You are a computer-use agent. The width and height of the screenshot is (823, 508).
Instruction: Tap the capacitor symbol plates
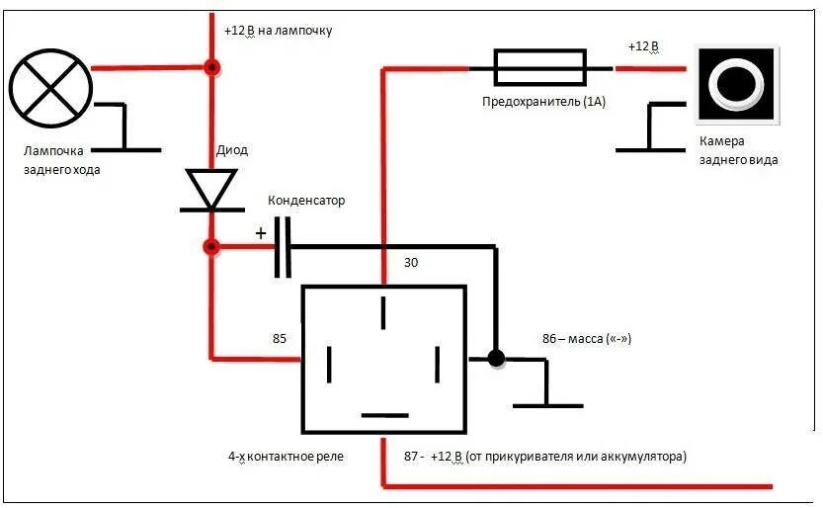pos(284,246)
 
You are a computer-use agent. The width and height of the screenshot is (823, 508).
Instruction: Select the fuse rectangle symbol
pos(539,69)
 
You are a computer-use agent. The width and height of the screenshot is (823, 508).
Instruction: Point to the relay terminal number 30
pos(412,264)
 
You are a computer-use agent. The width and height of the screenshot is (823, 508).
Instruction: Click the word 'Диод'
pos(232,150)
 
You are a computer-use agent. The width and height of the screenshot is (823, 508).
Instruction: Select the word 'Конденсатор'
pos(307,201)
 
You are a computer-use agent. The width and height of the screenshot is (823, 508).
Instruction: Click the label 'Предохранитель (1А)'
pos(542,102)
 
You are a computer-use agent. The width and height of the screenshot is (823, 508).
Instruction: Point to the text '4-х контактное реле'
pos(286,457)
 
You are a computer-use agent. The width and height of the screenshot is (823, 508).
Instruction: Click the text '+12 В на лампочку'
pos(279,31)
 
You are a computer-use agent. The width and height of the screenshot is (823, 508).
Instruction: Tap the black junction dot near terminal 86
pos(496,358)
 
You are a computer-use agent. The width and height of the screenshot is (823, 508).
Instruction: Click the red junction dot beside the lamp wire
pos(210,68)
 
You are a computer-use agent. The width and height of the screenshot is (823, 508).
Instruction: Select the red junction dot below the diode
pos(210,246)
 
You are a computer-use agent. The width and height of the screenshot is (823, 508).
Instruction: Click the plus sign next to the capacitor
pos(261,233)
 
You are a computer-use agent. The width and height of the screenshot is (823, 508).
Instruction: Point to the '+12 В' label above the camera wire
pos(643,46)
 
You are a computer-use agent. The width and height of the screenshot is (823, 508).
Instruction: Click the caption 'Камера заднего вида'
pos(737,150)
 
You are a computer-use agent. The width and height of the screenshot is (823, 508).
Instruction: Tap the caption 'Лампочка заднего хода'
pos(61,160)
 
